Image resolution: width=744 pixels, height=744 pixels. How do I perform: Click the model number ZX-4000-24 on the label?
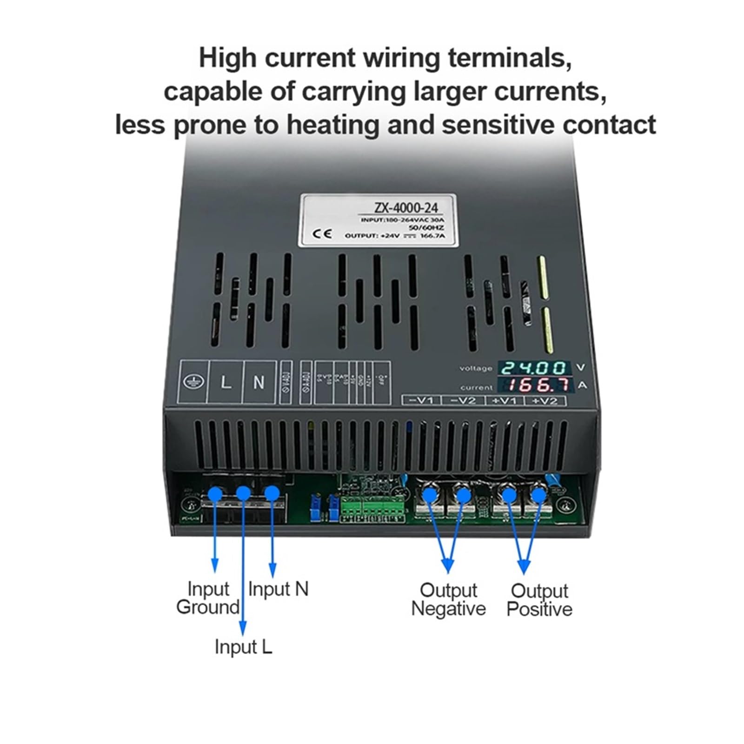pos(405,207)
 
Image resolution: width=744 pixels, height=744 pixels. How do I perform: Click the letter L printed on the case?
pos(226,383)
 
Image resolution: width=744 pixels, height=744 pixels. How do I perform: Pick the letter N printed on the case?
pos(259,383)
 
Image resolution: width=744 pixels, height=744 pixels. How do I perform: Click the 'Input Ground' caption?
pos(208,598)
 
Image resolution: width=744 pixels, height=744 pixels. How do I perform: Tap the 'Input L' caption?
pos(243,647)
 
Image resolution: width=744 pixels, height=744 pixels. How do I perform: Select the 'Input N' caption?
pos(278,589)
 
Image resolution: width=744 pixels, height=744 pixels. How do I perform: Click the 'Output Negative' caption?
pos(448,599)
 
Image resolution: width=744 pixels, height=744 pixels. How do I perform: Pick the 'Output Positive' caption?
pos(539,600)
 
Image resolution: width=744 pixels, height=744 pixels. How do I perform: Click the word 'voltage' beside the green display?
pos(476,369)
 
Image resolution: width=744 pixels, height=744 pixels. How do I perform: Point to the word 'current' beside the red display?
pos(476,387)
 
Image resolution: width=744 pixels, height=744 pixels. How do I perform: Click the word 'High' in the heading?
pos(227,58)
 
